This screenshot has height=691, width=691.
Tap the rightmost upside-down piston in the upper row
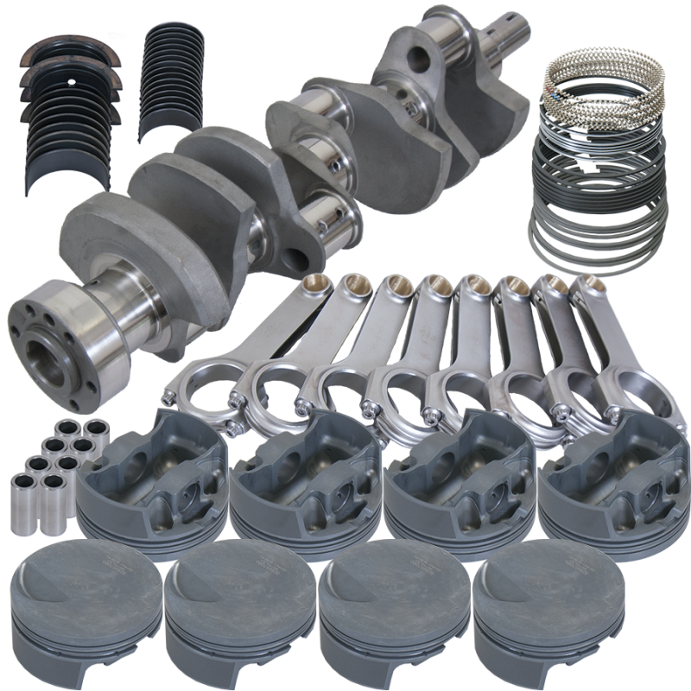click(x=605, y=484)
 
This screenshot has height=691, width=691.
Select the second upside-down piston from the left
click(x=298, y=484)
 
